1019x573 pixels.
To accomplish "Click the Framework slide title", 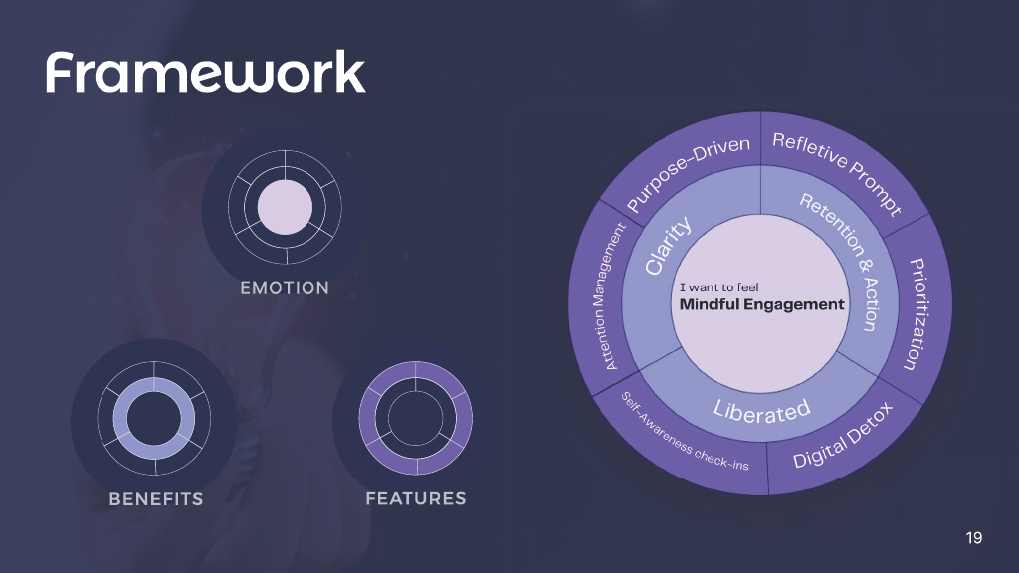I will pos(205,73).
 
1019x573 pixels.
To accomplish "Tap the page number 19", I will pos(974,538).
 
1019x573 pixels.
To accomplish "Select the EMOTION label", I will pos(285,288).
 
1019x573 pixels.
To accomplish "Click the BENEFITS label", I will pos(155,498).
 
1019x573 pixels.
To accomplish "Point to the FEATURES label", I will pos(415,497).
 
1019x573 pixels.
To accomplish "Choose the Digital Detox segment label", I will pos(843,436).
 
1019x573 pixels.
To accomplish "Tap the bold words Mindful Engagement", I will pos(761,305).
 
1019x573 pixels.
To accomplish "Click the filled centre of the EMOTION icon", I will pos(285,207).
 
